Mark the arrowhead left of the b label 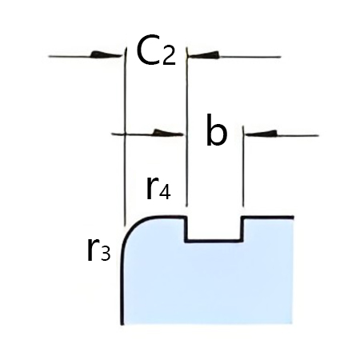[166, 133]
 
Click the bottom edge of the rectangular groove [214, 239]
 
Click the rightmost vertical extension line [242, 172]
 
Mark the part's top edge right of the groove [268, 217]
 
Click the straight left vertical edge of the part [122, 288]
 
